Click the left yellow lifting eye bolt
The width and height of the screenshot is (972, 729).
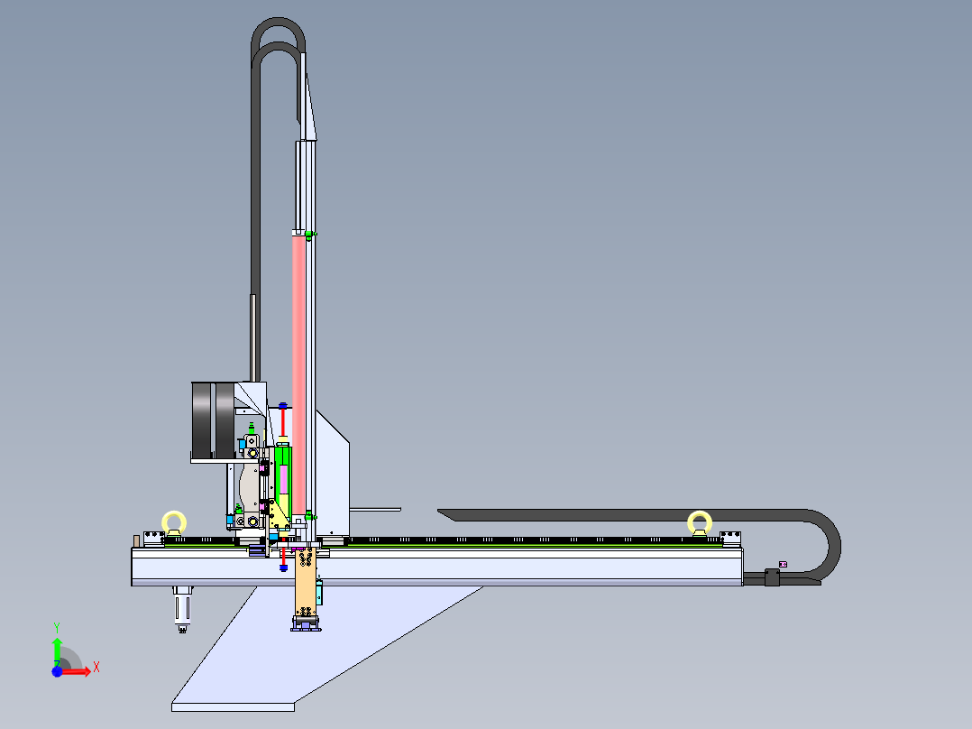[174, 522]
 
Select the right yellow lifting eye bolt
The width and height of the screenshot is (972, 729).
[700, 522]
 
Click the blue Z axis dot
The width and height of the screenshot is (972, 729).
[57, 671]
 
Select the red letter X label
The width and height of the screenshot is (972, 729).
[96, 667]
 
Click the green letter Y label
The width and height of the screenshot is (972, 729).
[56, 625]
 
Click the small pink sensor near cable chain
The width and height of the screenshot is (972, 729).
[782, 565]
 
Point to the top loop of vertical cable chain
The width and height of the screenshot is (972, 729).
[279, 36]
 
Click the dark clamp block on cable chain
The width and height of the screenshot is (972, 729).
[771, 577]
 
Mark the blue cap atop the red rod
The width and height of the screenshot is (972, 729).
[283, 405]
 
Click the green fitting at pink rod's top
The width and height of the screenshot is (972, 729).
[309, 235]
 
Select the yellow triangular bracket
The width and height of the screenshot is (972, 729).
[278, 518]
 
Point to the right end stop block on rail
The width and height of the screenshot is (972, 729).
[731, 538]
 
